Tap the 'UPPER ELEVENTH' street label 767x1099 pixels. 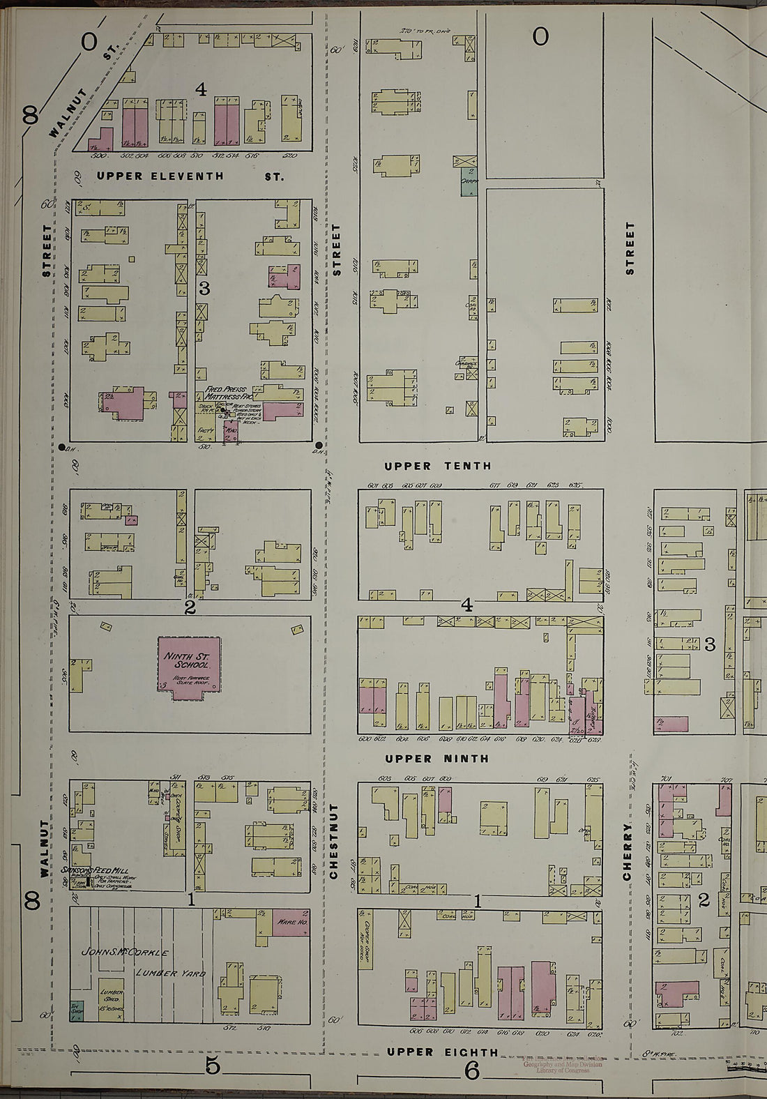point(160,176)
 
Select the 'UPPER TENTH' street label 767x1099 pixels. point(438,466)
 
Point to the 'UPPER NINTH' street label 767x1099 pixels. point(436,759)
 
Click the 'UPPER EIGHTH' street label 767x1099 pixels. point(443,1052)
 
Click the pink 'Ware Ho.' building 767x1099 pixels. point(291,922)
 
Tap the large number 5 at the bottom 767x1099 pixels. point(212,1066)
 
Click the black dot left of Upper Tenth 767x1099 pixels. point(63,446)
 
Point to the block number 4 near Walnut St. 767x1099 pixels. point(201,89)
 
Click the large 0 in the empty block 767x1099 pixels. point(540,36)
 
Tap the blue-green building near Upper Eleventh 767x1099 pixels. point(469,181)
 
